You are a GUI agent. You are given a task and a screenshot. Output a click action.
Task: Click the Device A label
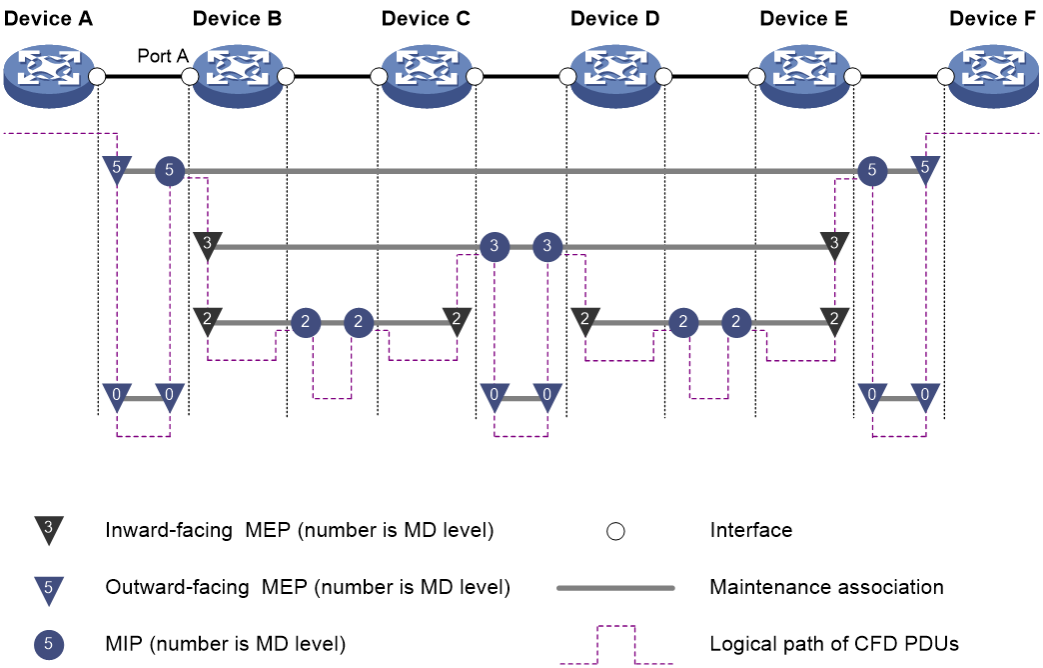click(48, 19)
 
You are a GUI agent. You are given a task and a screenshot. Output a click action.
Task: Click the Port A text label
click(163, 56)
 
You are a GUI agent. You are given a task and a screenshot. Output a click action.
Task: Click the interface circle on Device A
click(97, 77)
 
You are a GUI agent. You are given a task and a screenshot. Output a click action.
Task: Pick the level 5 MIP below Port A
click(170, 170)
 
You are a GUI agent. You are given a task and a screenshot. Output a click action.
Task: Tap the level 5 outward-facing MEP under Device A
click(117, 169)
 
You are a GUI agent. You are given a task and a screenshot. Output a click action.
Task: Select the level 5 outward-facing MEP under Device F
click(925, 169)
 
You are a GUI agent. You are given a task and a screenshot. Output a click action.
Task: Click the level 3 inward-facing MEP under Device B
click(208, 245)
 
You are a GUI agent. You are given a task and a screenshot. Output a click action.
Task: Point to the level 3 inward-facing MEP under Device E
click(835, 245)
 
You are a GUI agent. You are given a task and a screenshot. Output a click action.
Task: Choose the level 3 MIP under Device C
click(495, 246)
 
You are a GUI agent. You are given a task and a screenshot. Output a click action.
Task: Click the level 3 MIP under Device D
click(547, 246)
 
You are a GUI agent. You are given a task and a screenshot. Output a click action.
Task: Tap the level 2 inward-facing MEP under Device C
click(457, 321)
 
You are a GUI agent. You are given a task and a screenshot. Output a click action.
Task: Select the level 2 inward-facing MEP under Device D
click(585, 321)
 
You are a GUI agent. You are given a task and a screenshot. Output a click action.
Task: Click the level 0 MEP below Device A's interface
click(117, 397)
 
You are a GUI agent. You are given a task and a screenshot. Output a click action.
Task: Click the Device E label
click(803, 19)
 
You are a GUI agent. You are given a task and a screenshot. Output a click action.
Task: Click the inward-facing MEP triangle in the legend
click(49, 530)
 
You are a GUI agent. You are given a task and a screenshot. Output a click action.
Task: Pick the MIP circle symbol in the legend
click(49, 645)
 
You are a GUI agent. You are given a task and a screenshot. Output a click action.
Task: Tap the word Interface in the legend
click(751, 530)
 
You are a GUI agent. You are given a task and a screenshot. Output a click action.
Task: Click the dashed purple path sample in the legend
click(616, 627)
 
